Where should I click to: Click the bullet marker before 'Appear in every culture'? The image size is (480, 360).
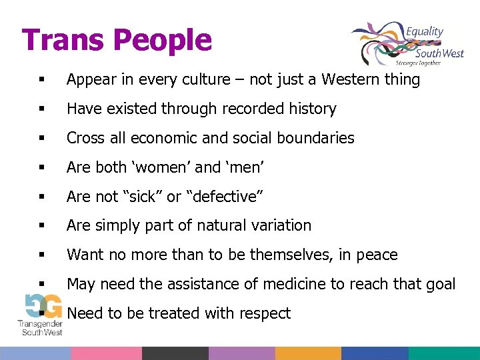[x=41, y=81]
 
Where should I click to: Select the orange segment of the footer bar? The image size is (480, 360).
[x=307, y=353]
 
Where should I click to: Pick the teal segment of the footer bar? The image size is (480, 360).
[x=444, y=353]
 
